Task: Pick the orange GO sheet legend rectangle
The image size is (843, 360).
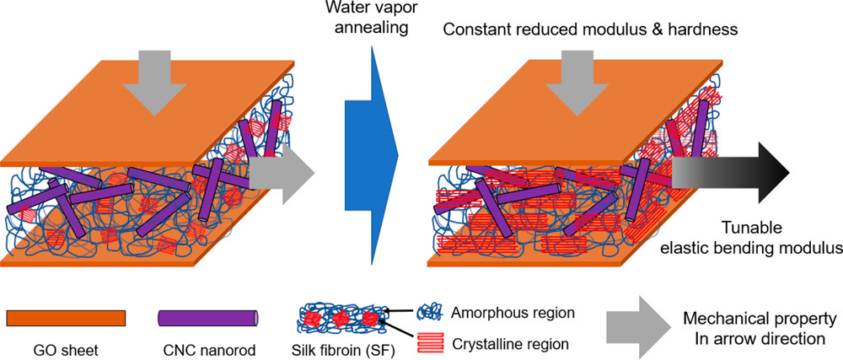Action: [x=66, y=318]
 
